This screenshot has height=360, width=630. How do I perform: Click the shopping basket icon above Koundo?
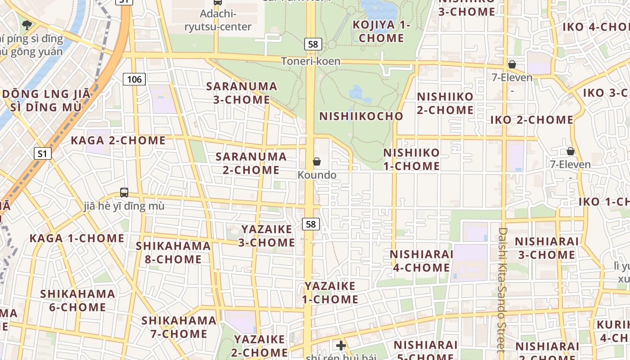[x=317, y=162]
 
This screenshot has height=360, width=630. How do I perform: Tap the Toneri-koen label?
[x=310, y=61]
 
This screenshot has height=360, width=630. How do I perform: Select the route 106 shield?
[x=134, y=80]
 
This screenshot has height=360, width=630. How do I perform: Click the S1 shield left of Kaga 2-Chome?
[x=42, y=153]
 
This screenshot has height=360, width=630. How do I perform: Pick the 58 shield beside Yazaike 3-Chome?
[x=310, y=224]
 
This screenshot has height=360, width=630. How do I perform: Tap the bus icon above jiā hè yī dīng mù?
[x=124, y=193]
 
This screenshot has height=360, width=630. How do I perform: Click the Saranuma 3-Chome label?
[x=242, y=93]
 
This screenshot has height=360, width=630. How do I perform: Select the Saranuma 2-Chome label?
[x=251, y=163]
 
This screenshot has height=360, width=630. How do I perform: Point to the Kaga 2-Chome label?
[x=118, y=140]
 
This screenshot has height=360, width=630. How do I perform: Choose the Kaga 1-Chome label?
[x=77, y=238]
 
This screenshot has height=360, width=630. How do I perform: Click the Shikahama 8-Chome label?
[x=173, y=252]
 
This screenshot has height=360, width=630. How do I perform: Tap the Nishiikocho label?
[x=361, y=116]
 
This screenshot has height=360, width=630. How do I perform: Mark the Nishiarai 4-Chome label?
[x=422, y=261]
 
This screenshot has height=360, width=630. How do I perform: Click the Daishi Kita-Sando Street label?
[x=503, y=288]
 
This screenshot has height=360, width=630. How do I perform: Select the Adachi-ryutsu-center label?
[x=218, y=20]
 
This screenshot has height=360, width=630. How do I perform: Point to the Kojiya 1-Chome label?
[x=381, y=31]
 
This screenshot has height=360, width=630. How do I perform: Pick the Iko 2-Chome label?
[x=531, y=120]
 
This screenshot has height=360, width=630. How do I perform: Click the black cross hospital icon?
[x=341, y=346]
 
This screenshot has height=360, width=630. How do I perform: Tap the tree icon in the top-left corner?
[x=27, y=24]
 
